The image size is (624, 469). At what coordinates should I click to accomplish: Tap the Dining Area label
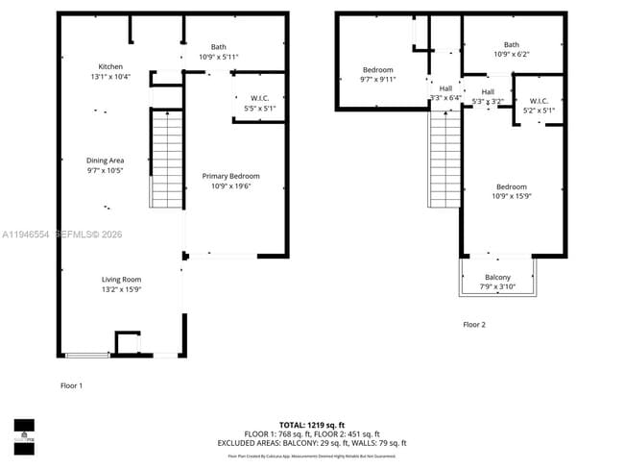point(106,160)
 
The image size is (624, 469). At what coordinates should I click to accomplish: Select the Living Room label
point(122,279)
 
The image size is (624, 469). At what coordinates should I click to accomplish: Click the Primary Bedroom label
point(230,176)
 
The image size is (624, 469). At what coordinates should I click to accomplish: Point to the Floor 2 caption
point(474,325)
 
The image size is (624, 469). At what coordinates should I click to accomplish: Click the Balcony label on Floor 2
point(497,277)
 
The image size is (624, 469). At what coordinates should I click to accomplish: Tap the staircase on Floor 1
point(167,159)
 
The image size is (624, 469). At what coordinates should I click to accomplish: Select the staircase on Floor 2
point(444,160)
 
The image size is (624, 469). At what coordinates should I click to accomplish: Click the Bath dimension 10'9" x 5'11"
point(219,58)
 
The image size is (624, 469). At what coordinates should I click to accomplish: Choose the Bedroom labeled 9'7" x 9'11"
point(377,80)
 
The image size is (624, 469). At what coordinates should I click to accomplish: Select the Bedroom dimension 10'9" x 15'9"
point(511,197)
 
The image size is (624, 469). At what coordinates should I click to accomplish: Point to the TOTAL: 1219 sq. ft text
point(311,424)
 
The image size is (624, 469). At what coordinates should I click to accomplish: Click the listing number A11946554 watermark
point(27,234)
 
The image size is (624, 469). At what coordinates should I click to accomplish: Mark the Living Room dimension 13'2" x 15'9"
point(122,289)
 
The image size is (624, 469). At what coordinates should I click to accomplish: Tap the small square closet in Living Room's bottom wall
point(127,343)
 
